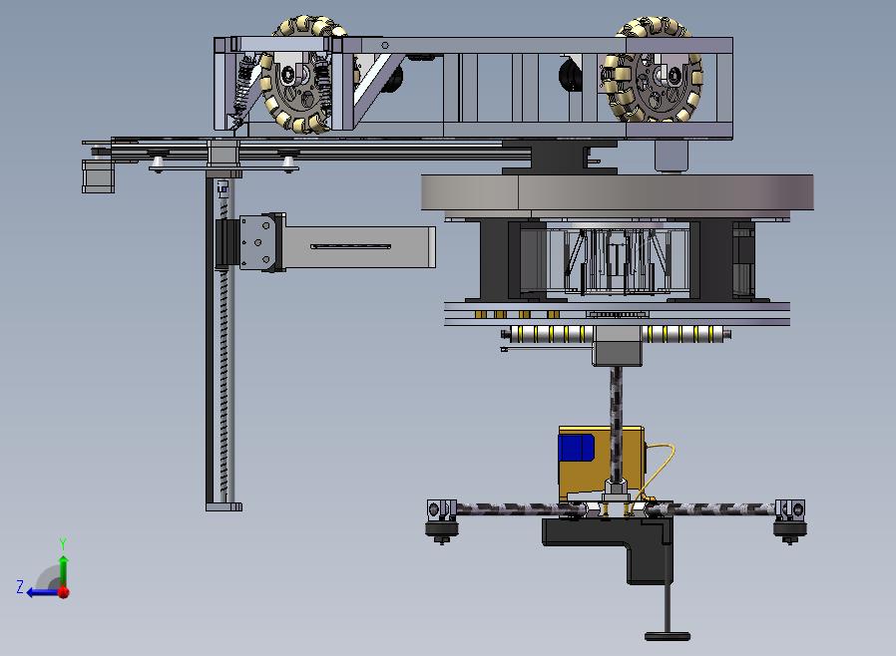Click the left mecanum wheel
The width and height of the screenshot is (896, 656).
point(296,74)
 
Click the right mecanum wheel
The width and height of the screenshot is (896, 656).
point(652,70)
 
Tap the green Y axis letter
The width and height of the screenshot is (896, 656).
point(63,543)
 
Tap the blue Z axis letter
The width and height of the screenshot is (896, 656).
point(20,586)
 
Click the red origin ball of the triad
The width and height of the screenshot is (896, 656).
point(64,592)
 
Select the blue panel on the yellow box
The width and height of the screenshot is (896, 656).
point(577,449)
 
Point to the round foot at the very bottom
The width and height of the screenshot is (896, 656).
point(668,635)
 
